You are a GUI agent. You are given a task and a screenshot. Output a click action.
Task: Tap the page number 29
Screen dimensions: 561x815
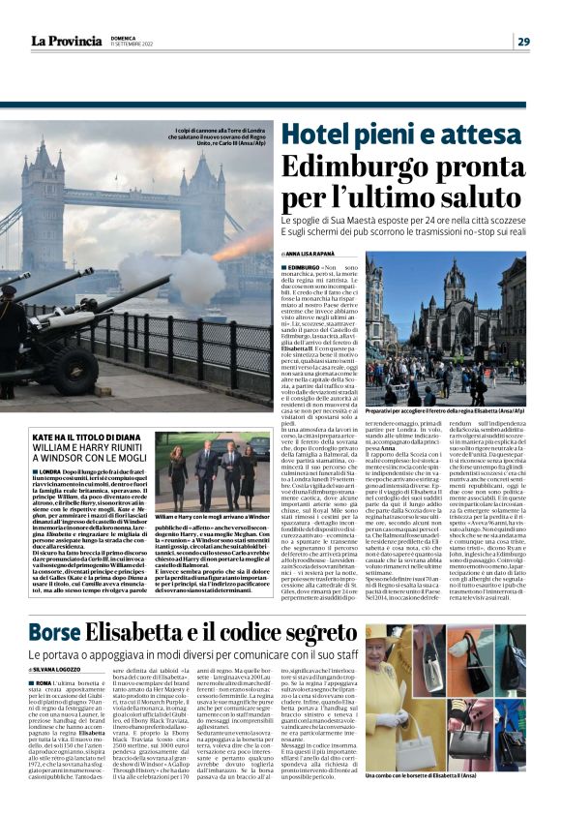click(x=522, y=41)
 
